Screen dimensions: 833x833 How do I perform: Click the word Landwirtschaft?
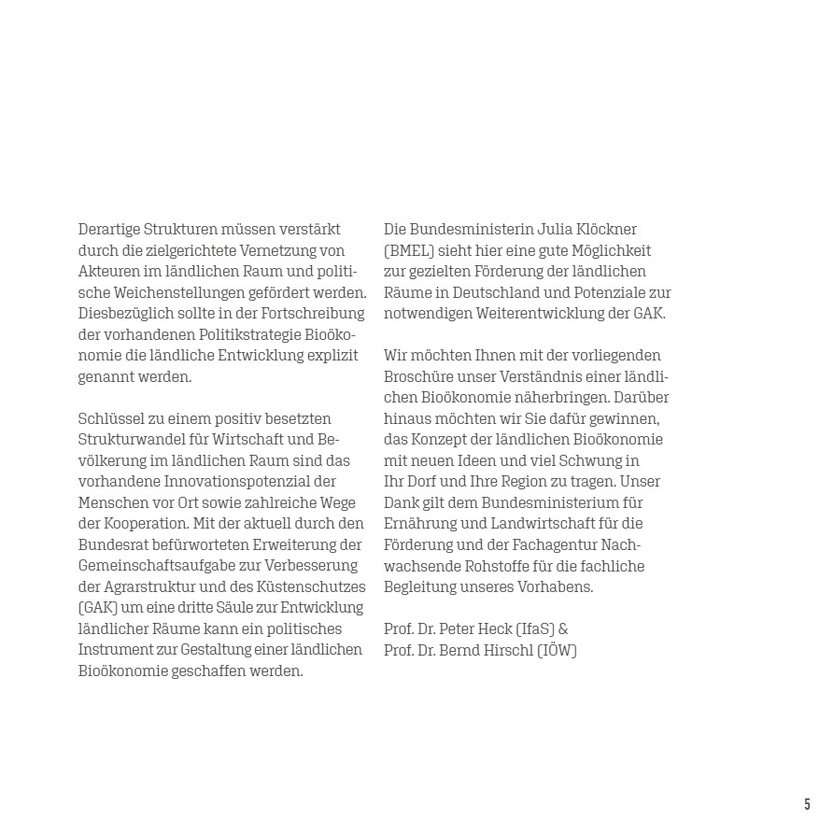tap(549, 524)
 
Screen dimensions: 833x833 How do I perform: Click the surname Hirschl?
tap(503, 650)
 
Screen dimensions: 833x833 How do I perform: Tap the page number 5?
tap(807, 804)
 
